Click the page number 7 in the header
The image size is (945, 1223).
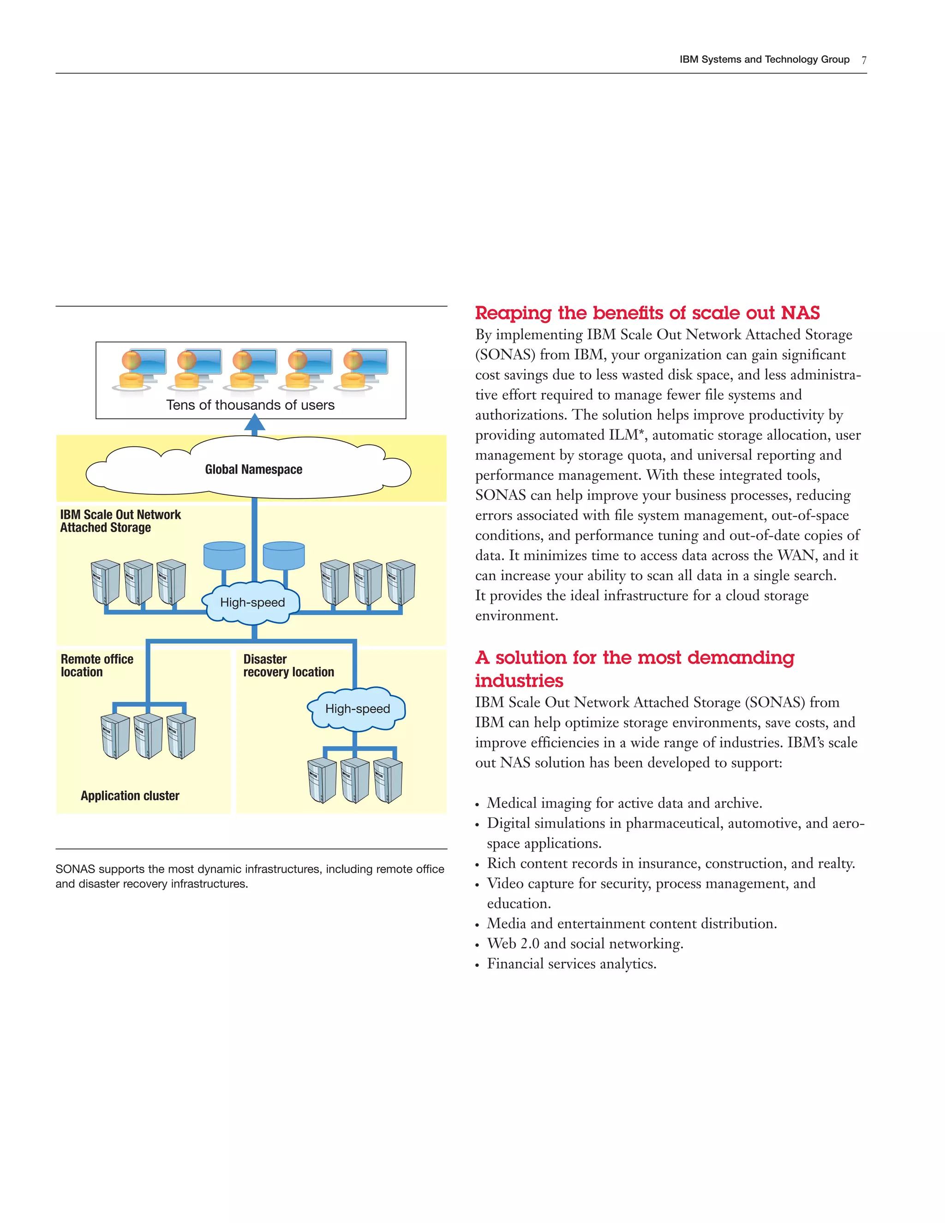(864, 60)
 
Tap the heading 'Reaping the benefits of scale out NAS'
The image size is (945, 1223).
(647, 312)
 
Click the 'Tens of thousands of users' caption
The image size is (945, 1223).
(250, 405)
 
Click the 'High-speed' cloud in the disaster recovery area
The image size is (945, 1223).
(357, 709)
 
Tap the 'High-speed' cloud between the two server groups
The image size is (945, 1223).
(252, 603)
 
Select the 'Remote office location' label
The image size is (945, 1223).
(97, 665)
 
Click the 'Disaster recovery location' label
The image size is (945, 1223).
(288, 665)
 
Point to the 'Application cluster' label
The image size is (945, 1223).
(130, 796)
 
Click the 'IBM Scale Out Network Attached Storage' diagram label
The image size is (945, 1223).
(120, 521)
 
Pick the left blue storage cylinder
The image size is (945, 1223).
(225, 555)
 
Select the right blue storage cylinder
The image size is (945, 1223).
(284, 555)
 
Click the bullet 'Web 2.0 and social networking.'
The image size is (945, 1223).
(585, 944)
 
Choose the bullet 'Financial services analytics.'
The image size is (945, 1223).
(571, 964)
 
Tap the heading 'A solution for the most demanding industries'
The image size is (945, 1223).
(634, 669)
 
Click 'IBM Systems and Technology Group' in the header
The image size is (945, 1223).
(764, 60)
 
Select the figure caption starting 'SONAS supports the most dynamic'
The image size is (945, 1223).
(250, 876)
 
